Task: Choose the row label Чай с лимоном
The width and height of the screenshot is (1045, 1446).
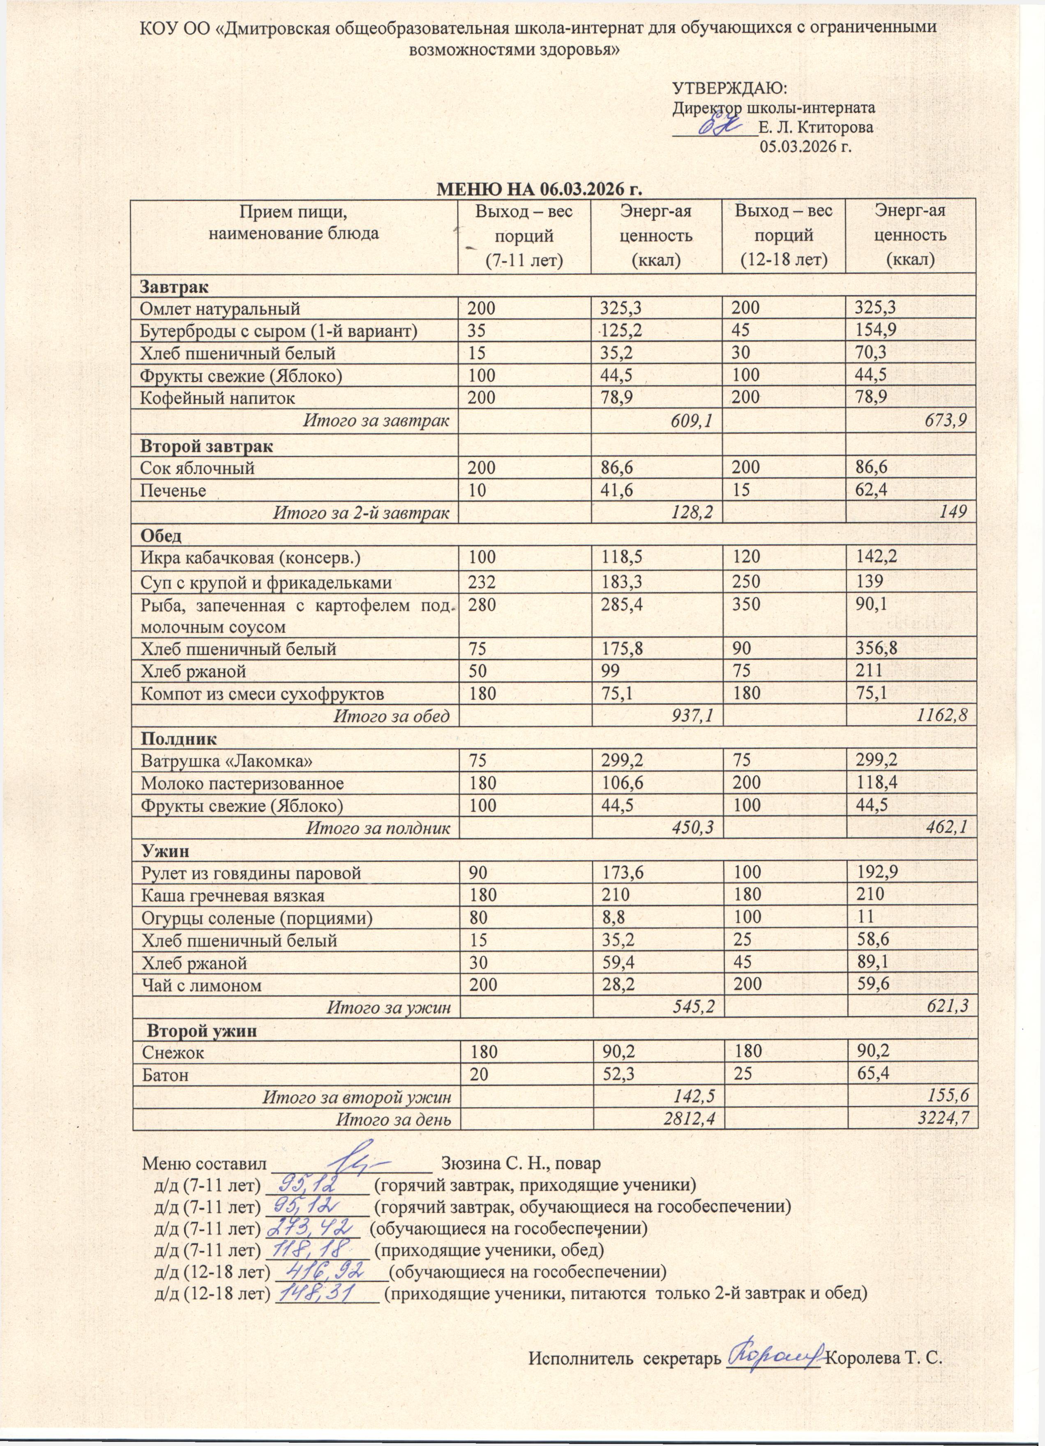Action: pyautogui.click(x=201, y=985)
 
